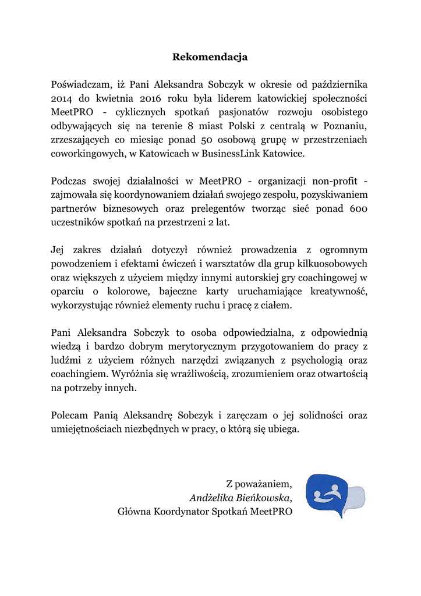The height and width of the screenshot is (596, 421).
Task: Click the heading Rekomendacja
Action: pyautogui.click(x=210, y=57)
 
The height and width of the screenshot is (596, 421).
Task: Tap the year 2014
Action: pyautogui.click(x=61, y=98)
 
